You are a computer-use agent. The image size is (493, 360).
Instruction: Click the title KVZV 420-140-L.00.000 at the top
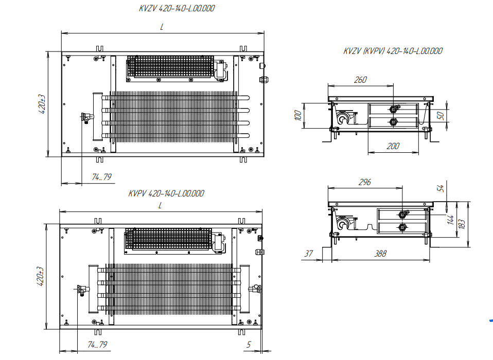pyautogui.click(x=177, y=9)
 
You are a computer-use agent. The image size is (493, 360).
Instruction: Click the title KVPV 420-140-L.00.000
pyautogui.click(x=166, y=194)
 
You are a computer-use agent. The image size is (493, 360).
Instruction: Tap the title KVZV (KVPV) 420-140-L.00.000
pyautogui.click(x=393, y=51)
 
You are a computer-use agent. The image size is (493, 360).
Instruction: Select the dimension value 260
pyautogui.click(x=361, y=80)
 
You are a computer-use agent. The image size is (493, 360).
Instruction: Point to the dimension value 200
pyautogui.click(x=392, y=147)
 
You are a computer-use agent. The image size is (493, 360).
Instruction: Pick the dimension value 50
pyautogui.click(x=441, y=115)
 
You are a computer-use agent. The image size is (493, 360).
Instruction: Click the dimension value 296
pyautogui.click(x=364, y=183)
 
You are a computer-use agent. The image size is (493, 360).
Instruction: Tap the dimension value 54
pyautogui.click(x=441, y=188)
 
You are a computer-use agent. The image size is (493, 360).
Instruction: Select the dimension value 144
pyautogui.click(x=451, y=220)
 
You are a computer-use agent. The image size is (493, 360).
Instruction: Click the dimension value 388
pyautogui.click(x=380, y=254)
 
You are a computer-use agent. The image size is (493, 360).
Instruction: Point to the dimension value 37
pyautogui.click(x=309, y=254)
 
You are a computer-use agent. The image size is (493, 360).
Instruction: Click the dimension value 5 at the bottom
pyautogui.click(x=249, y=345)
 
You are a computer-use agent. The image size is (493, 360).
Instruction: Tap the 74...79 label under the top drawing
pyautogui.click(x=102, y=177)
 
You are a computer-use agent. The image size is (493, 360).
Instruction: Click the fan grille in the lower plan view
pyautogui.click(x=168, y=240)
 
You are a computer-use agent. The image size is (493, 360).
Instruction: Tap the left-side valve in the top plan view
pyautogui.click(x=87, y=118)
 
